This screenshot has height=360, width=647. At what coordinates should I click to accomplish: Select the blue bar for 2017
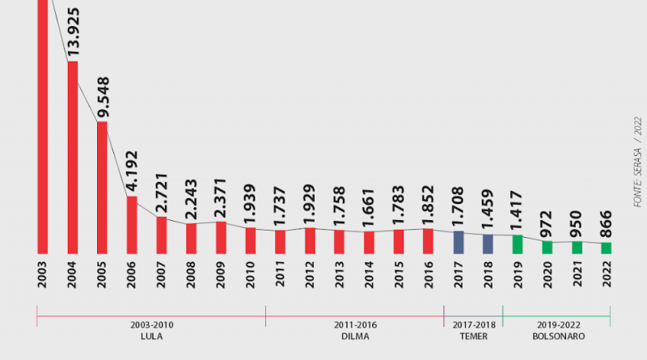(x=459, y=242)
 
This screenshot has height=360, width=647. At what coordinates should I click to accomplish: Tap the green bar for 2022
(x=607, y=248)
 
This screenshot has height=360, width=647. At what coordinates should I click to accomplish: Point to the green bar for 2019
(x=518, y=244)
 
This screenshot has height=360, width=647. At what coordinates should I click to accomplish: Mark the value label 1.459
(x=488, y=210)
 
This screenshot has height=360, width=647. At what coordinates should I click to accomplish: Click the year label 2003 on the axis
(x=43, y=275)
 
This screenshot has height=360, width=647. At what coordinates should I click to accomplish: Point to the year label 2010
(x=251, y=275)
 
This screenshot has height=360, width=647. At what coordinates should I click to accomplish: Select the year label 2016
(x=429, y=275)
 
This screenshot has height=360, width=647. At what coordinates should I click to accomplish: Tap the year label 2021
(x=577, y=275)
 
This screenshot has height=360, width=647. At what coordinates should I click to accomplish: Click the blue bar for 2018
(x=488, y=244)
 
